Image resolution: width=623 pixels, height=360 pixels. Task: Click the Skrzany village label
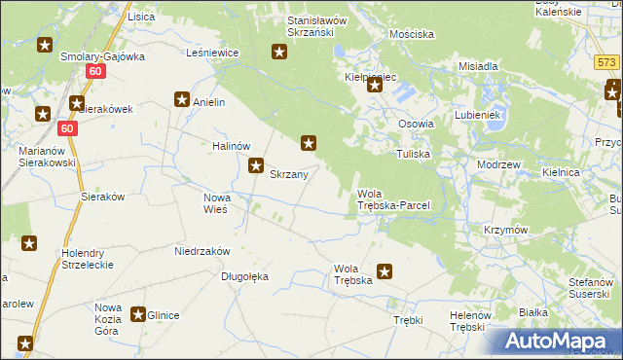(289, 175)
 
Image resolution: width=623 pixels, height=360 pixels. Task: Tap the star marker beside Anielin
(181, 98)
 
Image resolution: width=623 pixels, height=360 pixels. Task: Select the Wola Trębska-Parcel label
(393, 199)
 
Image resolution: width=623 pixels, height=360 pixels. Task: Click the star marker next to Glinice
(138, 314)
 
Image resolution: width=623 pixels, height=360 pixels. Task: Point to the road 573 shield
(607, 62)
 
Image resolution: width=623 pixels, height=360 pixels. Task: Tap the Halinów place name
(233, 146)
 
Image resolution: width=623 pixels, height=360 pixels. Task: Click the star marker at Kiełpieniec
(375, 87)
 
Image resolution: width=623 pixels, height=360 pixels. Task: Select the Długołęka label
(243, 276)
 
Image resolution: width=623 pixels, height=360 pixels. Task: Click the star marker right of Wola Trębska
(385, 272)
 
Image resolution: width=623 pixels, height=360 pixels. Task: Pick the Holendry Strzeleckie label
(85, 258)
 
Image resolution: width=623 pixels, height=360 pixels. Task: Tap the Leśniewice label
(213, 54)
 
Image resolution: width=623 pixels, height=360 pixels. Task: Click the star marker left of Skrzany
(256, 165)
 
